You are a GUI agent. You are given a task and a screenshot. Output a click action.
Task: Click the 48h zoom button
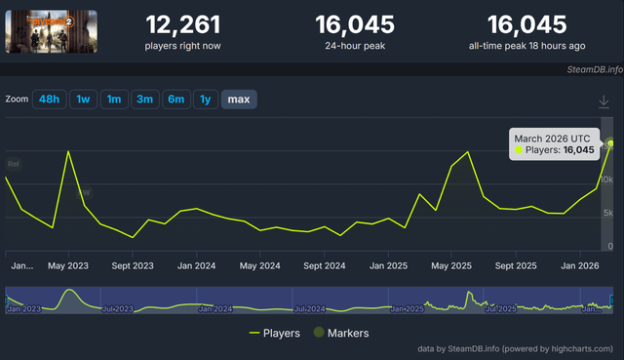pyautogui.click(x=48, y=100)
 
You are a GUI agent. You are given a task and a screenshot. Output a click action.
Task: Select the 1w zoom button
pyautogui.click(x=84, y=100)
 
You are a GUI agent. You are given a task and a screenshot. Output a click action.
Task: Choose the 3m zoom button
pyautogui.click(x=144, y=100)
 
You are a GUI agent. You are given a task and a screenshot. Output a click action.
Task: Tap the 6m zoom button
pyautogui.click(x=175, y=100)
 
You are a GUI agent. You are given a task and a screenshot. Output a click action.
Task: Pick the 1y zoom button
pyautogui.click(x=205, y=100)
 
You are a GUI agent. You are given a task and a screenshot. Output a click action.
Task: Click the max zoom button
pyautogui.click(x=238, y=100)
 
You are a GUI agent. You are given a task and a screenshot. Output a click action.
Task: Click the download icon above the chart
pyautogui.click(x=604, y=101)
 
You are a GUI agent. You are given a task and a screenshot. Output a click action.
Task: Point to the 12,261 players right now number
pyautogui.click(x=182, y=24)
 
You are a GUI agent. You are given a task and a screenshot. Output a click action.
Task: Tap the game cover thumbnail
pyautogui.click(x=37, y=31)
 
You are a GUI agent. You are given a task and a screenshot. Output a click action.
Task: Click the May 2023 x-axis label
pyautogui.click(x=67, y=265)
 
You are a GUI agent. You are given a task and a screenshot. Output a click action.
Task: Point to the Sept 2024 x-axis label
pyautogui.click(x=325, y=265)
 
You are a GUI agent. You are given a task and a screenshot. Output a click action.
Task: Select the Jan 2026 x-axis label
pyautogui.click(x=578, y=265)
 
